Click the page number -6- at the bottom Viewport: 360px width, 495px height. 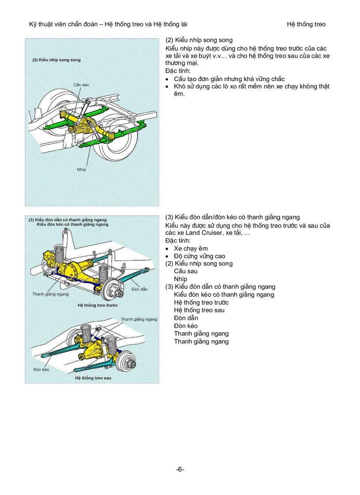coord(180,469)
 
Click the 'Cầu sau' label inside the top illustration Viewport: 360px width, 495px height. coord(80,84)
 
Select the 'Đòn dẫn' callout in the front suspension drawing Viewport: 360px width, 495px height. coord(139,289)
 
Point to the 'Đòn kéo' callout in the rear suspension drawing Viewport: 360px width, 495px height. coord(41,369)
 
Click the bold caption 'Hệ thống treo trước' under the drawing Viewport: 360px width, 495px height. coord(97,305)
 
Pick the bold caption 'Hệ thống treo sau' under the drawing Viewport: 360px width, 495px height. coord(93,378)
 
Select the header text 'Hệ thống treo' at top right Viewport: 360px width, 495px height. coord(306,24)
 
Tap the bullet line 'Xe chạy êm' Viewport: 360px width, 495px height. coord(191,248)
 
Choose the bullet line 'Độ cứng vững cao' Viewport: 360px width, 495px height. coord(199,256)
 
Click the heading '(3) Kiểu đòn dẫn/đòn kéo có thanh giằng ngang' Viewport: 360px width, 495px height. coord(232,217)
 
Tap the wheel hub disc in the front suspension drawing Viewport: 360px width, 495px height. coord(114,290)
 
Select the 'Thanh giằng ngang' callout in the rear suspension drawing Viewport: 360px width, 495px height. coord(139,319)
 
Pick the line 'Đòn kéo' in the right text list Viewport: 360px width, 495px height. coord(186,326)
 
